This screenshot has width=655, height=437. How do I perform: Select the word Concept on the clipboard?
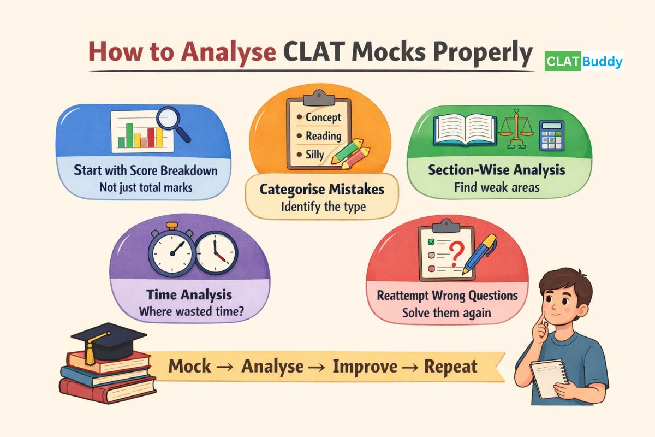(x=323, y=117)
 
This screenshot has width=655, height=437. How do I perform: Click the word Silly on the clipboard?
(x=314, y=155)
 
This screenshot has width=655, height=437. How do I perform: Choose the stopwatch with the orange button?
(x=172, y=252)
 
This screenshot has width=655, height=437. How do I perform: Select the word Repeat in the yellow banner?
(x=450, y=366)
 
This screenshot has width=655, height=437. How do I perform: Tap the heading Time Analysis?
(x=189, y=295)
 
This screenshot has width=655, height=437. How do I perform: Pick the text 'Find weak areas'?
(x=497, y=187)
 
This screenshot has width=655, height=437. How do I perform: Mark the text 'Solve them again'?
(x=447, y=313)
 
